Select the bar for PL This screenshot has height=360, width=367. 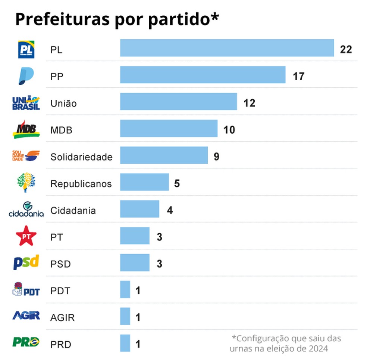point(227,48)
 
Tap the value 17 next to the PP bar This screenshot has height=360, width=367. point(298,77)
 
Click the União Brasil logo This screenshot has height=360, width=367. point(26,103)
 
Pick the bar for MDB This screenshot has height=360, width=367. point(169,129)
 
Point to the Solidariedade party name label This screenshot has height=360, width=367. point(81,157)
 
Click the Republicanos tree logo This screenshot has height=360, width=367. point(27,182)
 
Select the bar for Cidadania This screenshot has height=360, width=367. point(139,209)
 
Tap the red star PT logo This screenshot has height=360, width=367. point(26,236)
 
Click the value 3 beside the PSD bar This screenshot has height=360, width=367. point(159,264)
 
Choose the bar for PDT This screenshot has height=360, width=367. point(125,290)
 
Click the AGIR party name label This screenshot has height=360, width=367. point(62,318)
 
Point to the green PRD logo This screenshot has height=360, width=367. point(26,342)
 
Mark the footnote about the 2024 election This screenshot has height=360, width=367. point(286,344)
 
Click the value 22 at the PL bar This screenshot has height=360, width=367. point(346,49)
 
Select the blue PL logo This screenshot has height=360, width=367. point(26,50)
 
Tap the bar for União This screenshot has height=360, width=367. point(178,102)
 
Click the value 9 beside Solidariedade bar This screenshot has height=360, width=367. point(216,156)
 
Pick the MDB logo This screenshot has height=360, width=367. point(26,129)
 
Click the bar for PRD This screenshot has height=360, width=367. point(125,343)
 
